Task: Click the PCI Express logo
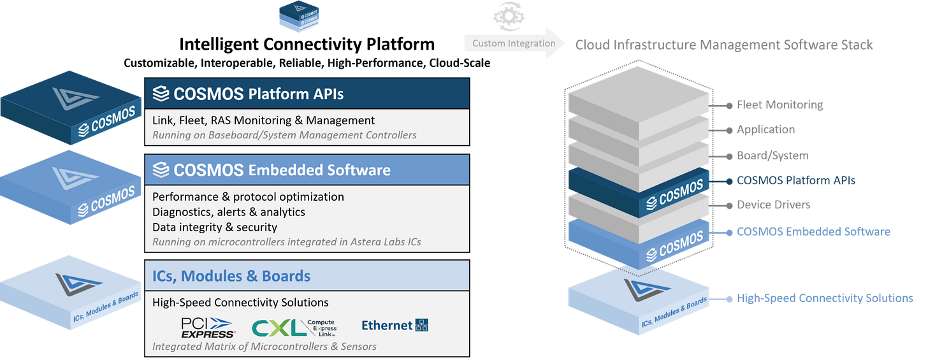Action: (208, 326)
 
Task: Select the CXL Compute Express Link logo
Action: (294, 327)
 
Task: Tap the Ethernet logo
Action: (395, 325)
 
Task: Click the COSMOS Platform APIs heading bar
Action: (307, 94)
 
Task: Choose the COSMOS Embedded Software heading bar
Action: (307, 170)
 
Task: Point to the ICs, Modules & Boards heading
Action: (231, 276)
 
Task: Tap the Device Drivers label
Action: (773, 205)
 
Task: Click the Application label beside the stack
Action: (765, 129)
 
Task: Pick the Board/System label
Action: (772, 155)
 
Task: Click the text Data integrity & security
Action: (215, 227)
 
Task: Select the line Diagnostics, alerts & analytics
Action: (229, 212)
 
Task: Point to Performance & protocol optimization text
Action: (248, 196)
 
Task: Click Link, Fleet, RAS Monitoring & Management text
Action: (263, 120)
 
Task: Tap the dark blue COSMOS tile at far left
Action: (70, 112)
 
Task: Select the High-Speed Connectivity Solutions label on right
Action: (824, 298)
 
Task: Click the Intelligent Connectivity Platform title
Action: (307, 44)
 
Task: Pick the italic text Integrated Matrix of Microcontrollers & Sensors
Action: (265, 346)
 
